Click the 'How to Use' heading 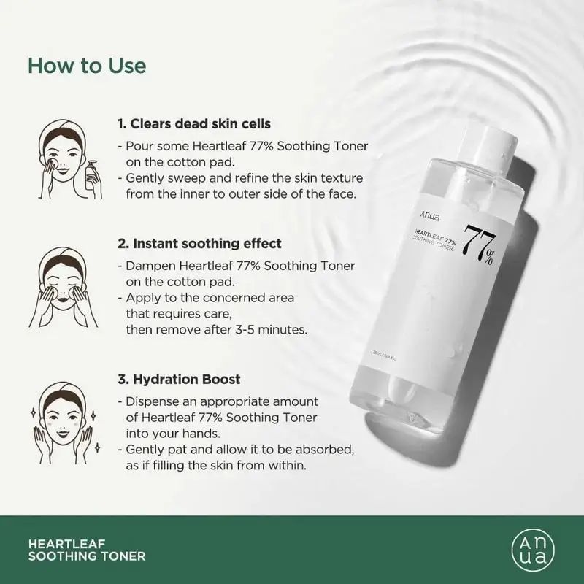(x=87, y=65)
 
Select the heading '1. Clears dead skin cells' (x=194, y=124)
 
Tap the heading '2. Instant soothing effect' (x=199, y=243)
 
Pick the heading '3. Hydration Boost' (x=179, y=380)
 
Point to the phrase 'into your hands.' (x=167, y=433)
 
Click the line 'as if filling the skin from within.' (x=218, y=465)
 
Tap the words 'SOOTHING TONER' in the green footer (x=87, y=556)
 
